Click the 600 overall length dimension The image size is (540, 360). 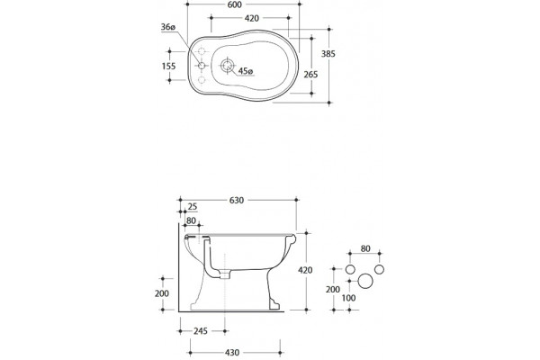235,4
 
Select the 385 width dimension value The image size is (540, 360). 328,54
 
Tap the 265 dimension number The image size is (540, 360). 310,75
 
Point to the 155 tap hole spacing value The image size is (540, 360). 169,66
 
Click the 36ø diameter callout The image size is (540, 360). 168,27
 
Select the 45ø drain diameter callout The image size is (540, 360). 246,71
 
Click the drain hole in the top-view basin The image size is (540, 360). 227,65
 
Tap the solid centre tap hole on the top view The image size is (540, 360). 202,66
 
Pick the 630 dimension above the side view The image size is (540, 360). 237,200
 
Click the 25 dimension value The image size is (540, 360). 193,207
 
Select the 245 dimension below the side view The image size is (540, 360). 201,331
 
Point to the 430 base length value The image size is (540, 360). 232,353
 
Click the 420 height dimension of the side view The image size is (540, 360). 305,270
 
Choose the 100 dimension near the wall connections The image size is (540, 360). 348,298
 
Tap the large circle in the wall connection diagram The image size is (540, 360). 365,281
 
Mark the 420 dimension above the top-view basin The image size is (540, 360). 252,18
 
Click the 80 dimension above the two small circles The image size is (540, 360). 365,248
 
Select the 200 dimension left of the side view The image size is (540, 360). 161,293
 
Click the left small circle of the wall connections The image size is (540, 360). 350,269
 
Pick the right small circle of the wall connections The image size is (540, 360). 379,269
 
